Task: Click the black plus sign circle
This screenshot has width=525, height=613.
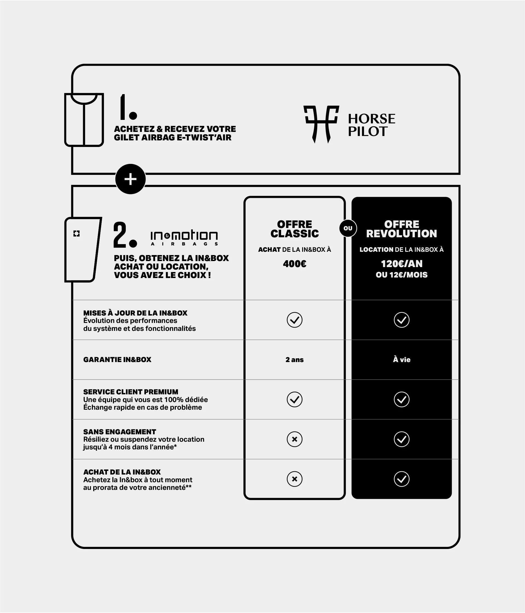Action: coord(130,179)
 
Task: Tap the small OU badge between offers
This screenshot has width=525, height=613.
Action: coord(348,228)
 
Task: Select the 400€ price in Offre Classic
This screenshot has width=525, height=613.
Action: coord(294,264)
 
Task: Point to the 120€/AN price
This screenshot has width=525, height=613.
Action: coord(401,264)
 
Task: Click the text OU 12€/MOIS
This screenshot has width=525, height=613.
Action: coord(401,275)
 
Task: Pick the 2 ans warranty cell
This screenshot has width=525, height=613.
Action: coord(294,360)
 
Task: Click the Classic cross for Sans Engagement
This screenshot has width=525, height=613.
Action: coord(294,439)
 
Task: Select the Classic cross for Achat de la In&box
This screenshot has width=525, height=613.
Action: coord(294,479)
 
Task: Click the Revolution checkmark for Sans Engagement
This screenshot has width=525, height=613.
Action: coord(401,439)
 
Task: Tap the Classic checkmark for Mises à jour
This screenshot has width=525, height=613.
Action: coord(294,320)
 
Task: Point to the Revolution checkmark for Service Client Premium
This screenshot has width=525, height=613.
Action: coord(401,399)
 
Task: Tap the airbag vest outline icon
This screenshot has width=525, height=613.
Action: coord(84,120)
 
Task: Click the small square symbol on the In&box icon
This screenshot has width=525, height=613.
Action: coord(76,233)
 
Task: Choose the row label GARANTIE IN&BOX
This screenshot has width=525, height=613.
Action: coord(117,360)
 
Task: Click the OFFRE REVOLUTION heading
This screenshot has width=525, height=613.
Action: coord(401,229)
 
